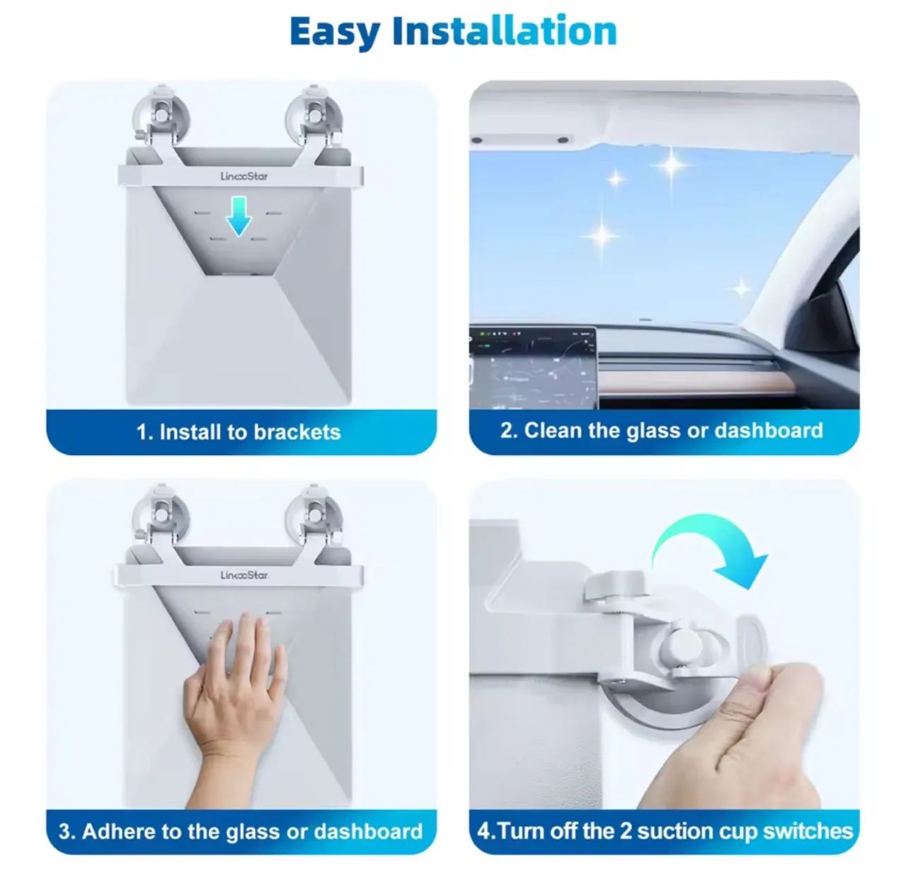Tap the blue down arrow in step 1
click(x=239, y=216)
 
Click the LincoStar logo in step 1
click(x=244, y=176)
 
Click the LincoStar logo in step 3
click(x=244, y=575)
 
